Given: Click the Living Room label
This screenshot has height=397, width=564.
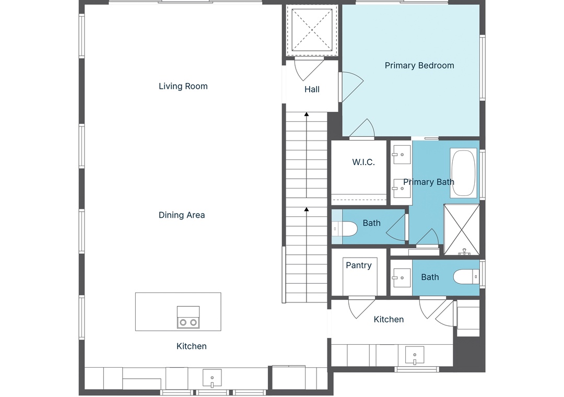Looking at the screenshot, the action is (x=183, y=86).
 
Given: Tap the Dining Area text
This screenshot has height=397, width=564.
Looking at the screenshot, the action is (x=182, y=215).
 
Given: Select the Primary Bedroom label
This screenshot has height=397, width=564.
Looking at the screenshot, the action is (x=419, y=65).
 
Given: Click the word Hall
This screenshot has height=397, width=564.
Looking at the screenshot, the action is (x=312, y=89).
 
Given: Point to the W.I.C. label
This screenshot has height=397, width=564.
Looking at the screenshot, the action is (x=363, y=162).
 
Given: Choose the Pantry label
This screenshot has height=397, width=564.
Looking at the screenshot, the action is (x=359, y=265).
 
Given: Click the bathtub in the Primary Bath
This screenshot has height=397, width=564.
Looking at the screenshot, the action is (x=463, y=173).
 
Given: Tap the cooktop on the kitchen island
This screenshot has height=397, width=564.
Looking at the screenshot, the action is (x=188, y=317).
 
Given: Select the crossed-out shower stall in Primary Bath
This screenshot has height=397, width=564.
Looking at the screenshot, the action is (x=462, y=229).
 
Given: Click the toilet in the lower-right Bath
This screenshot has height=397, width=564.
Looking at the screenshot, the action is (x=466, y=277).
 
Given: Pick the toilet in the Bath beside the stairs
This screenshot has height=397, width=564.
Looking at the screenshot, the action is (x=345, y=228).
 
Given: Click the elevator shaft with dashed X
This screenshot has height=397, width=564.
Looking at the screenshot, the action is (x=312, y=30).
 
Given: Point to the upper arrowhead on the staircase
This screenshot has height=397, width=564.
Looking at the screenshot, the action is (x=307, y=114).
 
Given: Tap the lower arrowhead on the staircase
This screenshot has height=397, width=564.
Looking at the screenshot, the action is (x=307, y=209).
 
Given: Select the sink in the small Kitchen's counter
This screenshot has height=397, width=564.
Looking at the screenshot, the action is (x=415, y=356).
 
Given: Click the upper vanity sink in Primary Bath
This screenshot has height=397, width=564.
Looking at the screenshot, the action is (x=402, y=155).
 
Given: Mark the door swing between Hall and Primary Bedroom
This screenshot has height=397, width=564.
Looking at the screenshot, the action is (x=352, y=87).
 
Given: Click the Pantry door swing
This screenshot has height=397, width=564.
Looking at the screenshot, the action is (x=361, y=308).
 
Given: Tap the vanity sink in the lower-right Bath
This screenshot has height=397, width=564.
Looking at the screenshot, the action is (x=402, y=278).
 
